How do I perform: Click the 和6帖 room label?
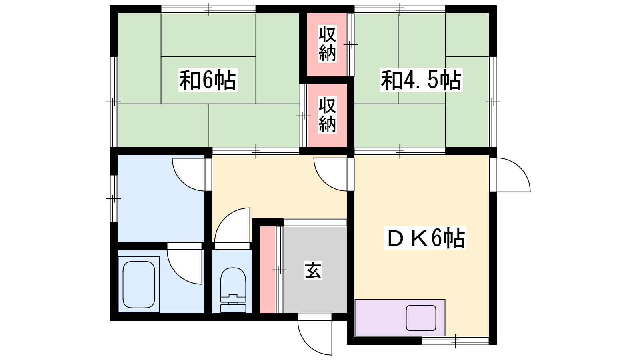pos(208,80)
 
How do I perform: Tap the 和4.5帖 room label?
pos(421,80)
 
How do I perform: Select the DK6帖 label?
pos(425,238)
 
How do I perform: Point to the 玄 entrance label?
pos(313,270)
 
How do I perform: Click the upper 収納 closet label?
pos(327,44)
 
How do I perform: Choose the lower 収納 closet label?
pos(327,115)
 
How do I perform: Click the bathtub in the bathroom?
pos(139,284)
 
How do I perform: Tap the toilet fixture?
pos(233,290)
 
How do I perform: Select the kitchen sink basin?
pos(421,318)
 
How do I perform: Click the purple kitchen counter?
pos(400,318)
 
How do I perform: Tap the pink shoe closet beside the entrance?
pos(268,270)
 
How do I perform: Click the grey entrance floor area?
pos(315,270)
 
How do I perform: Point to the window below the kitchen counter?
pos(456,340)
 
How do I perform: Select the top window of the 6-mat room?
pos(208,9)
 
